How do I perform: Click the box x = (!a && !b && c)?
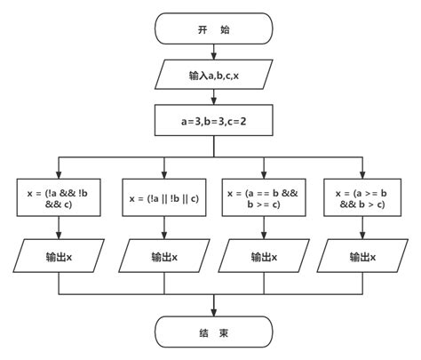[60, 197]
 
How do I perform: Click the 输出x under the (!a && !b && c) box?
[60, 257]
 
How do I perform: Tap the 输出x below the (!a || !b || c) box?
[163, 257]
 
